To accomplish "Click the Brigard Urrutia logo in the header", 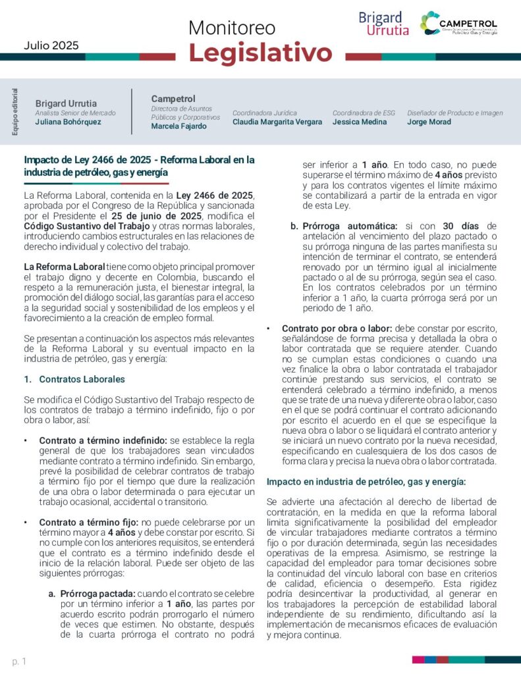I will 383,24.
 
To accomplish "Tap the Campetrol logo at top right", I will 459,24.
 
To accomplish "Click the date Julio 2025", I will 51,45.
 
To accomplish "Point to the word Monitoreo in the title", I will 232,28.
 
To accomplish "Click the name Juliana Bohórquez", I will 69,122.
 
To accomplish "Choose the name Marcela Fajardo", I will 178,126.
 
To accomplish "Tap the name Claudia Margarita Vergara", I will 277,122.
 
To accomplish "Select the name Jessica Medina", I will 360,122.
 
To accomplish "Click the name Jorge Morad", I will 429,122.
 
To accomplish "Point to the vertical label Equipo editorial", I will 15,112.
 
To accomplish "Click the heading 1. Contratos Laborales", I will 74,380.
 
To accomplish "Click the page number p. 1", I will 19,660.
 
